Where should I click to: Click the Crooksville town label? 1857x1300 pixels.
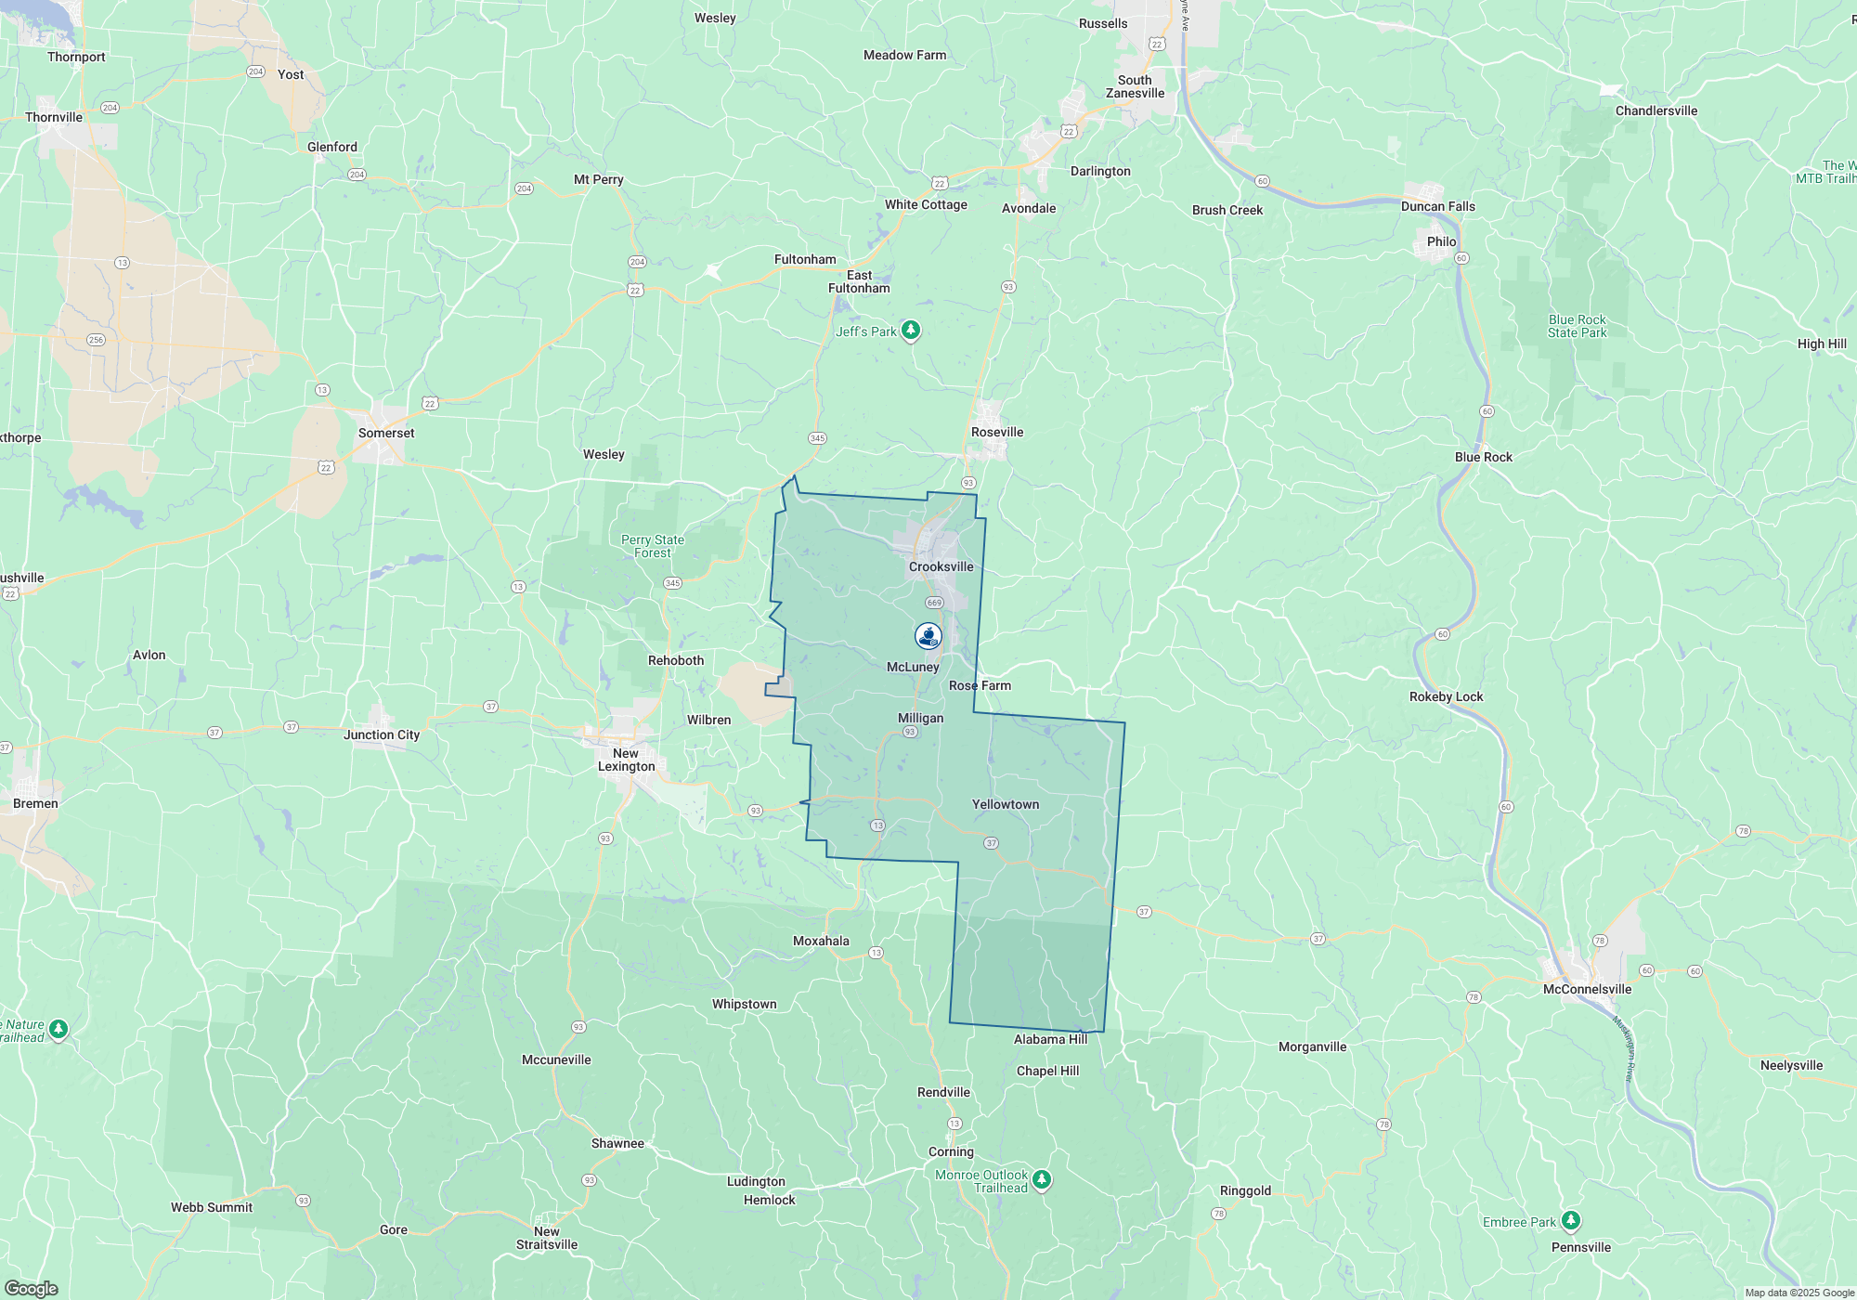coord(941,566)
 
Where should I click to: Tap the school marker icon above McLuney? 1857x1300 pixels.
coord(928,635)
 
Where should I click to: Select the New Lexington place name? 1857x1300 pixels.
coord(627,760)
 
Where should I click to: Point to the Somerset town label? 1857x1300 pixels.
coord(386,433)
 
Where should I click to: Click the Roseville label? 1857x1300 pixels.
coord(996,432)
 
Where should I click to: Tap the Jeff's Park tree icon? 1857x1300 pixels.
coord(911,330)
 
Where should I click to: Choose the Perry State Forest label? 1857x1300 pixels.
coord(652,546)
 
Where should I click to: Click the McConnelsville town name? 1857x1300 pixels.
coord(1587,989)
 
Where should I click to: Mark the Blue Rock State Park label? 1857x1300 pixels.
coord(1577,326)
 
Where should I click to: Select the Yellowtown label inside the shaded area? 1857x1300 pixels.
coord(1005,804)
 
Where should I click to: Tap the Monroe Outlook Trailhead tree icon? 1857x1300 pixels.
coord(1042,1179)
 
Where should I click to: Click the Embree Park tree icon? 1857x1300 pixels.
coord(1570,1220)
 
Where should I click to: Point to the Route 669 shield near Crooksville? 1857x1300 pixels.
coord(934,603)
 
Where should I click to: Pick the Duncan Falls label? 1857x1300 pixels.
coord(1437,206)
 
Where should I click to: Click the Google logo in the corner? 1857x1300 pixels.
coord(32,1288)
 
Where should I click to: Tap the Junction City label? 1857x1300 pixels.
coord(382,734)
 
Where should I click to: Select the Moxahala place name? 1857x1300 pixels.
coord(821,941)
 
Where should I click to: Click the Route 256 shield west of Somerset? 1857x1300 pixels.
coord(96,340)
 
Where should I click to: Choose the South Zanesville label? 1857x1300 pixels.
coord(1135,86)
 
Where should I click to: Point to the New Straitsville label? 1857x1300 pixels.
coord(547,1238)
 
